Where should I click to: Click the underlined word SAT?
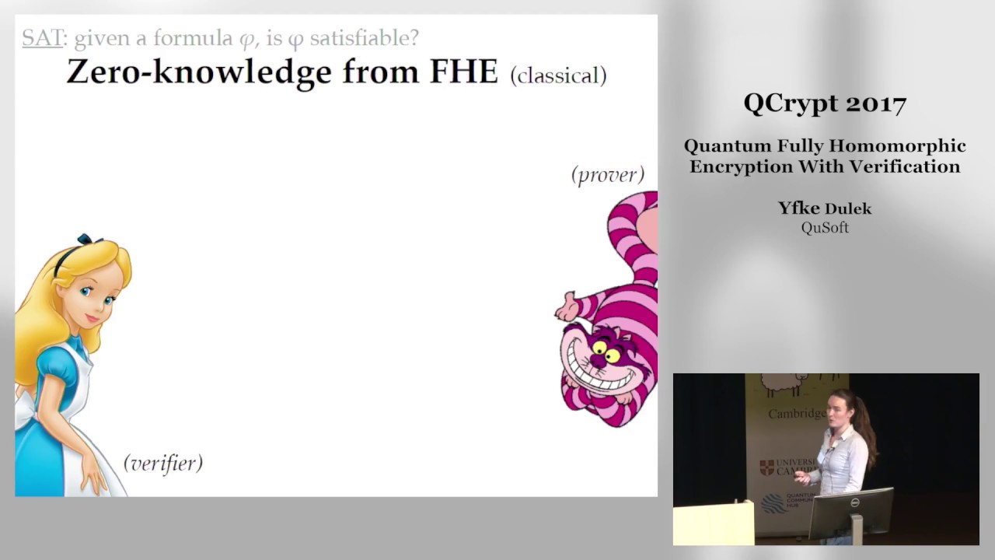click(x=42, y=37)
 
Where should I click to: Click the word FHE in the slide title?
click(x=463, y=72)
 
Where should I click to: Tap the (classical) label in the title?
click(x=558, y=75)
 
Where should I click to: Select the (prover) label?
click(x=607, y=175)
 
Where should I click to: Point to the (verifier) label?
click(x=163, y=463)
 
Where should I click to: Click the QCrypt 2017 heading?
click(x=825, y=103)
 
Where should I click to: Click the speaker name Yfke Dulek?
click(x=825, y=208)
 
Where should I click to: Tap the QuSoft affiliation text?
click(x=825, y=228)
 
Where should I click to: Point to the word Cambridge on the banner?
click(x=797, y=414)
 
